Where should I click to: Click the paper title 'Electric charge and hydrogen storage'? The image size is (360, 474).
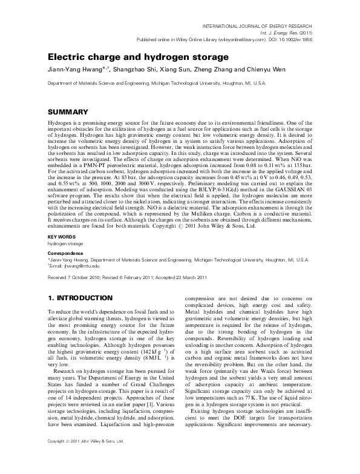coord(139,56)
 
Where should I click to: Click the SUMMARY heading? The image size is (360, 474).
coord(69,113)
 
